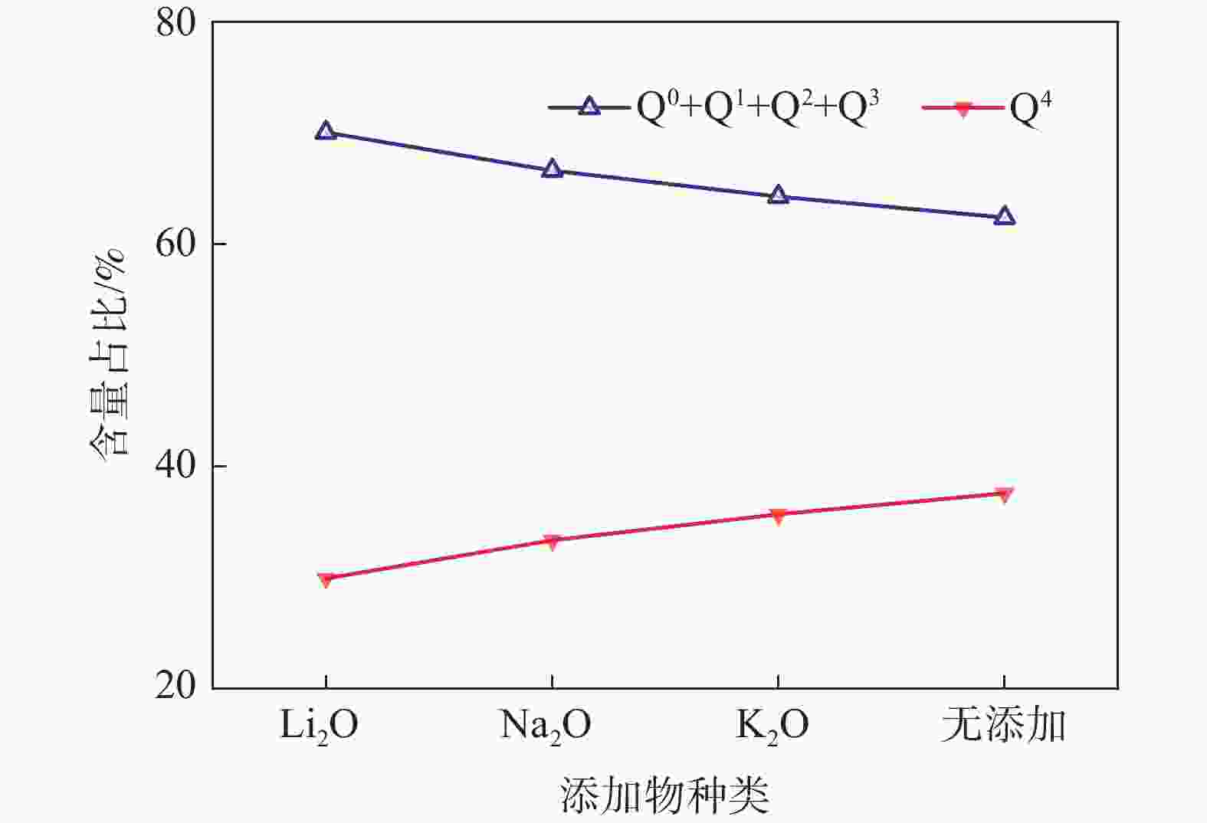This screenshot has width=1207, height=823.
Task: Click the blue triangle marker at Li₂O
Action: [326, 131]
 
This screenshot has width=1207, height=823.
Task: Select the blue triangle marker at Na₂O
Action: [552, 169]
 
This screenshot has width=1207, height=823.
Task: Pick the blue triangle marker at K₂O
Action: [778, 195]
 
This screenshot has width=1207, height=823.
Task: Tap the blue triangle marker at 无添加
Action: [1004, 217]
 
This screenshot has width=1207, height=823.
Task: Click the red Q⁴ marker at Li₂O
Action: [326, 579]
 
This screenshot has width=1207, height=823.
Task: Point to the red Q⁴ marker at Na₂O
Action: [552, 542]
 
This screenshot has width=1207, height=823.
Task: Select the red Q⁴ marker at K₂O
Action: [778, 516]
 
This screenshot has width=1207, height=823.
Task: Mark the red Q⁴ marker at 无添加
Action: [1004, 494]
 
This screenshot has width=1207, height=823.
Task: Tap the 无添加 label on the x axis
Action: [1003, 724]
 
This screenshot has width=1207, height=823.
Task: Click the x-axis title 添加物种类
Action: [664, 795]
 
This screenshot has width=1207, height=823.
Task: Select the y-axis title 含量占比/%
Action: [107, 352]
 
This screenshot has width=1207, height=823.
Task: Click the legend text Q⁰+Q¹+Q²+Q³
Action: [757, 108]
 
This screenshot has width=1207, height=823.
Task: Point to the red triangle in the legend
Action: [963, 108]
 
